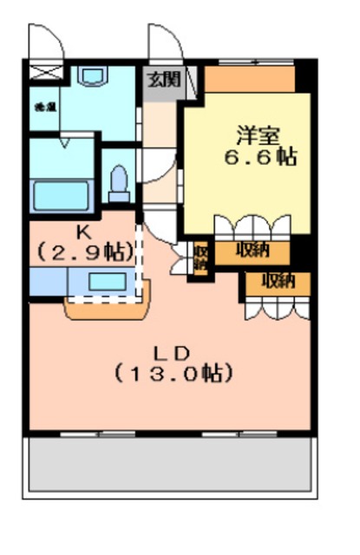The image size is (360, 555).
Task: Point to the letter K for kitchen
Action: pos(84,232)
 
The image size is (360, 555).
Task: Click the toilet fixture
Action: pos(119,182)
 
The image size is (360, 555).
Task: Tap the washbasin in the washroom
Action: pos(90,76)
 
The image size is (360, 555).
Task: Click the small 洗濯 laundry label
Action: pos(41,107)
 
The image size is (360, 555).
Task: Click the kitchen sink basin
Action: pos(107,281)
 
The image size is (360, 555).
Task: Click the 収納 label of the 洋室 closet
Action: pos(252,251)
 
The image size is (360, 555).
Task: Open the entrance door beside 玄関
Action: pos(162,43)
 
